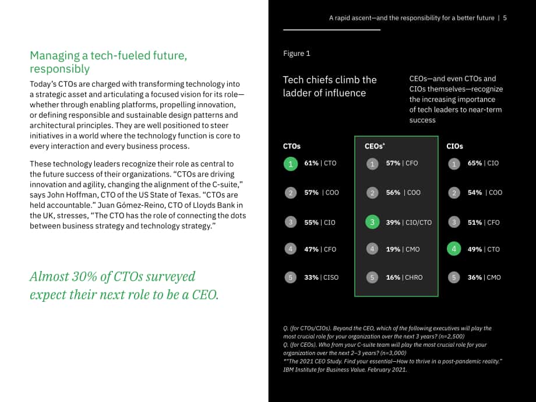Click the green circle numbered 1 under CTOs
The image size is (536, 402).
tap(291, 164)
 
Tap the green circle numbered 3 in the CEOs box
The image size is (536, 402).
tap(372, 222)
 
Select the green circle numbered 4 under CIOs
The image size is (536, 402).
tap(454, 249)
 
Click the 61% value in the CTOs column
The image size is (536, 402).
tap(312, 163)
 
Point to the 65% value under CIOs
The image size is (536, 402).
tap(475, 163)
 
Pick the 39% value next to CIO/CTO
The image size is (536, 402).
tap(393, 223)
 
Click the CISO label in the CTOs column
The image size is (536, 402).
tap(331, 277)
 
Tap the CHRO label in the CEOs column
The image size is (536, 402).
tap(414, 277)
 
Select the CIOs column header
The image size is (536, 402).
tap(454, 146)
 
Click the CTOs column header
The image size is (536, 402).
tap(291, 146)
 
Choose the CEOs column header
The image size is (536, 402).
tap(375, 146)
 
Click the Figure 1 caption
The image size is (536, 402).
tap(297, 54)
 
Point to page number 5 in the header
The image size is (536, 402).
tap(505, 18)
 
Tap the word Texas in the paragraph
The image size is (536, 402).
tap(192, 195)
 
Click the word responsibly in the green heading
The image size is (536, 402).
tap(60, 69)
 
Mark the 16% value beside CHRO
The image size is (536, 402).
tap(393, 277)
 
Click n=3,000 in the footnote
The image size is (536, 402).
tap(393, 353)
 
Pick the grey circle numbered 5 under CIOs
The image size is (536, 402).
tap(454, 277)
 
